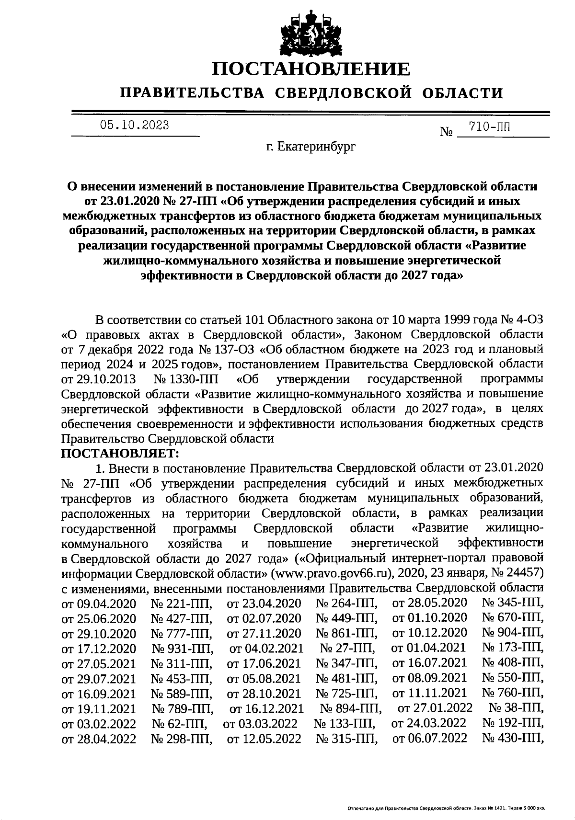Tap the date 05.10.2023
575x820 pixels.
click(x=134, y=125)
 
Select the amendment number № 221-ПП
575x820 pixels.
click(x=182, y=604)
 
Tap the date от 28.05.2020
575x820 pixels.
click(x=429, y=603)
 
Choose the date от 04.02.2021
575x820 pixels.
click(x=266, y=648)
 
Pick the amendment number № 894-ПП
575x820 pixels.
click(x=351, y=708)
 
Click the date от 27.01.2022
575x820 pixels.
click(x=435, y=707)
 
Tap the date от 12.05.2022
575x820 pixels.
click(x=264, y=738)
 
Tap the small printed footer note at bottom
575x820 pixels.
click(x=446, y=808)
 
